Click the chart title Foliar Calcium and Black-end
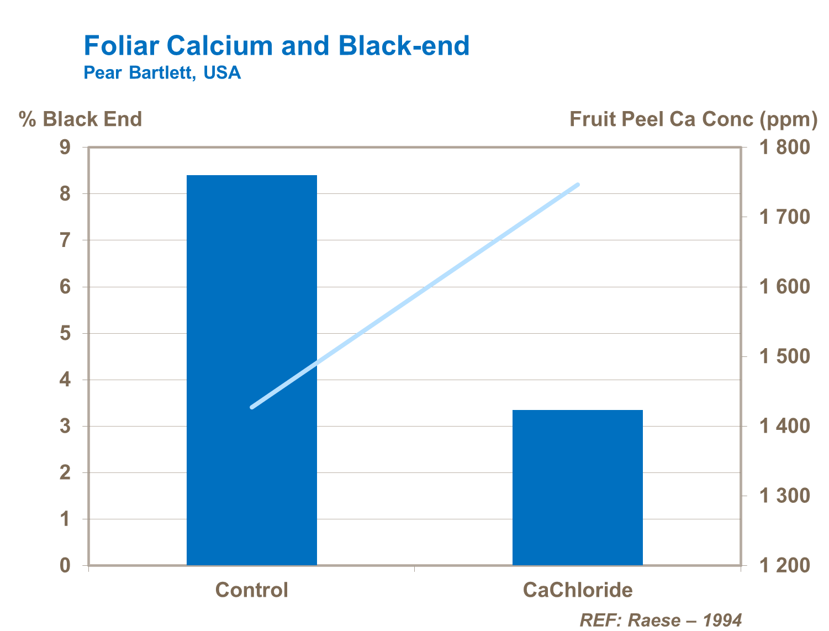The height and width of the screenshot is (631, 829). tap(276, 45)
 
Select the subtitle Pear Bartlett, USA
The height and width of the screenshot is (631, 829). tap(162, 73)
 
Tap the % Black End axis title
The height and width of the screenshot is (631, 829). tap(81, 119)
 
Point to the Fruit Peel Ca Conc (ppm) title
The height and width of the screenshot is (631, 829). tap(693, 119)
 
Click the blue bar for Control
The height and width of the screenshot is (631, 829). tap(251, 370)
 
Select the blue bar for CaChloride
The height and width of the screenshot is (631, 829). tap(577, 487)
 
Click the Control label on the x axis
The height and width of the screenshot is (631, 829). tap(251, 590)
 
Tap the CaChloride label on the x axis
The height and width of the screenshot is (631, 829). tap(577, 590)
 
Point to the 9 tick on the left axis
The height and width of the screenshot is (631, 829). tap(66, 148)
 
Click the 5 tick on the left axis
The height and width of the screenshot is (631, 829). tap(66, 334)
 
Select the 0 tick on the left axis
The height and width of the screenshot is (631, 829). tap(66, 566)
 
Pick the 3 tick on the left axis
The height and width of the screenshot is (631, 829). tap(66, 427)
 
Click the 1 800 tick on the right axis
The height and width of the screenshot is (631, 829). tap(784, 148)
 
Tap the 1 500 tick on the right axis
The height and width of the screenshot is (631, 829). tap(784, 356)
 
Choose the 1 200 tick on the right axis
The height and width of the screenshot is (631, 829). tap(784, 566)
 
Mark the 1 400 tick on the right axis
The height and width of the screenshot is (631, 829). tap(784, 426)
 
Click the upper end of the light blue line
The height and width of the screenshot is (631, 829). tap(578, 185)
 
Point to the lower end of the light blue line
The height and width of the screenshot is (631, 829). tap(252, 407)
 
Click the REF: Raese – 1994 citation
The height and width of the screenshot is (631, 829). tap(660, 620)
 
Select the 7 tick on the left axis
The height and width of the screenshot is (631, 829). tap(66, 241)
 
